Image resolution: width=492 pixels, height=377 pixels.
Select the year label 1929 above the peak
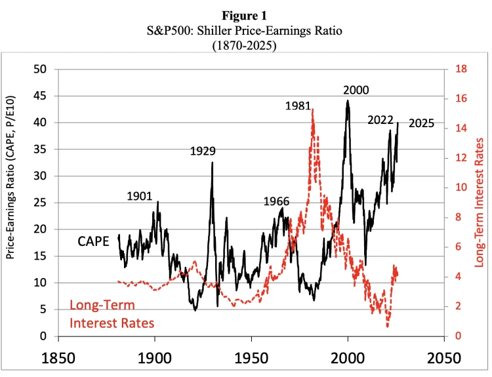tap(203, 151)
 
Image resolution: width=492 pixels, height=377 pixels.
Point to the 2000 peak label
tap(356, 90)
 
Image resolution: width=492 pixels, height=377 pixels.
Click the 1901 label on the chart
tap(139, 196)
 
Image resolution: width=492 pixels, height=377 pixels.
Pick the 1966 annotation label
tap(276, 201)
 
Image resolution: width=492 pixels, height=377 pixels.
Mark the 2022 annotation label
tap(381, 120)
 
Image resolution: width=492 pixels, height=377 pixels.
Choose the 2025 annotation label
tap(421, 123)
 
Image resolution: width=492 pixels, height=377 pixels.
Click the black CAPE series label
tap(93, 241)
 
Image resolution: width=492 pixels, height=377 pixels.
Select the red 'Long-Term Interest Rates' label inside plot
tap(112, 314)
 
